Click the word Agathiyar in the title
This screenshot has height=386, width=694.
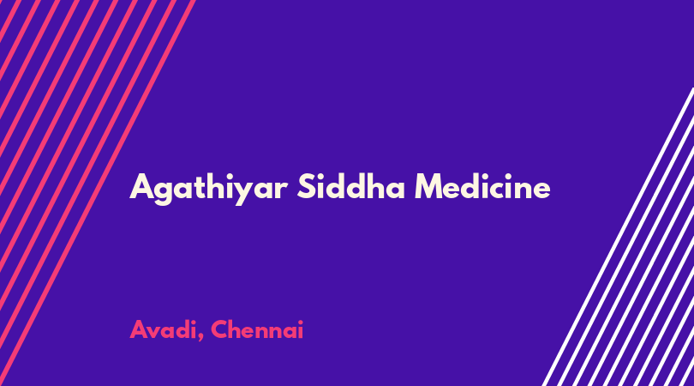(x=208, y=189)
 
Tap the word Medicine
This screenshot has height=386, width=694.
(x=482, y=186)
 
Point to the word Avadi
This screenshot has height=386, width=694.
(x=164, y=329)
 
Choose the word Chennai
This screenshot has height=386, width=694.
(x=257, y=329)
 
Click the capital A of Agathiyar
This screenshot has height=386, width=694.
(x=141, y=187)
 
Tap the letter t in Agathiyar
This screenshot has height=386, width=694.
(x=200, y=188)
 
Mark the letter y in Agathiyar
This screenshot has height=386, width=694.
(x=244, y=193)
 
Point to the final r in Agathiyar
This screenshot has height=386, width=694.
(x=282, y=190)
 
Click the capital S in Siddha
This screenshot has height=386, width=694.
(x=306, y=187)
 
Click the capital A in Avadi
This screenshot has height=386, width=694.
(x=138, y=329)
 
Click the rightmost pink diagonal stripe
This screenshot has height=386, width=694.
(x=98, y=193)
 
